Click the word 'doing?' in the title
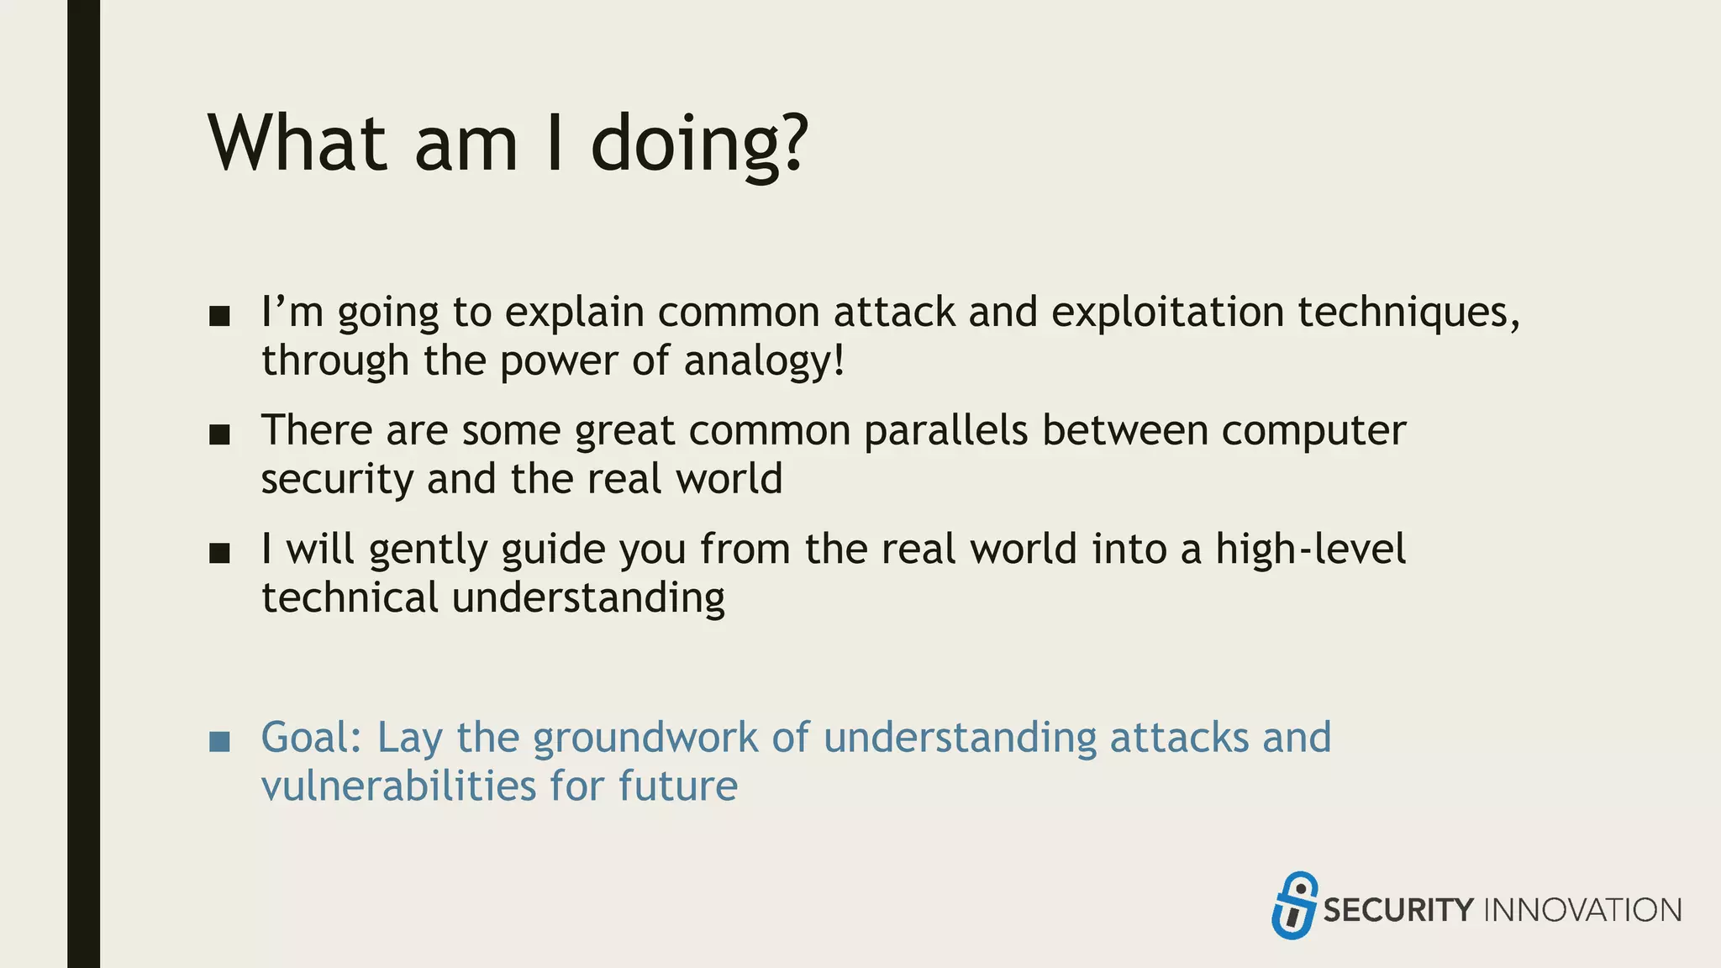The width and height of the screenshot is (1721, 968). [x=699, y=145]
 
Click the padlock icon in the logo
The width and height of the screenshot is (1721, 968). [x=1294, y=906]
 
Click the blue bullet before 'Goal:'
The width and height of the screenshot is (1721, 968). [x=219, y=741]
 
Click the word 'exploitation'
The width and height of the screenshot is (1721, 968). [x=1167, y=313]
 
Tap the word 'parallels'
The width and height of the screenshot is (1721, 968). [x=945, y=431]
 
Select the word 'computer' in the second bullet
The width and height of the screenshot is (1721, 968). [x=1313, y=431]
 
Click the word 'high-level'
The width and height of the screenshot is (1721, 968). [x=1310, y=550]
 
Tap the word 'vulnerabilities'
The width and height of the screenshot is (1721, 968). [x=398, y=786]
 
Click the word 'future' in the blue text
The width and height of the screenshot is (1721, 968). [x=678, y=786]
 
